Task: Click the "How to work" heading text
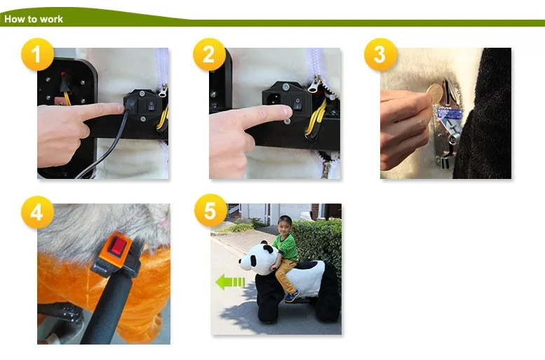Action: pyautogui.click(x=34, y=19)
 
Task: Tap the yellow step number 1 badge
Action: pyautogui.click(x=37, y=55)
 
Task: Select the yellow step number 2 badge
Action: pyautogui.click(x=209, y=55)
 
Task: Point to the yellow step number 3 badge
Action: pyautogui.click(x=380, y=55)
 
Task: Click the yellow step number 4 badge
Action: pyautogui.click(x=37, y=212)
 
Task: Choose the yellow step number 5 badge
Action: pyautogui.click(x=210, y=211)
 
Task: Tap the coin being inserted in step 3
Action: pyautogui.click(x=435, y=93)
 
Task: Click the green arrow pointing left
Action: pyautogui.click(x=230, y=282)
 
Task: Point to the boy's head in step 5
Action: pyautogui.click(x=285, y=225)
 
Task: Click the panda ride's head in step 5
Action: pyautogui.click(x=255, y=258)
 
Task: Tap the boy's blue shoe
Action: pyautogui.click(x=292, y=296)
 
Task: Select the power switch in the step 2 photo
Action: pyautogui.click(x=297, y=103)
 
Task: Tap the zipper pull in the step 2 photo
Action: pyautogui.click(x=314, y=84)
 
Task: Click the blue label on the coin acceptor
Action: pyautogui.click(x=450, y=114)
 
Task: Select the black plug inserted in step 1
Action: pyautogui.click(x=131, y=104)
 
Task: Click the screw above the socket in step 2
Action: pyautogui.click(x=285, y=87)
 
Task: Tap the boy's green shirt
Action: pyautogui.click(x=286, y=247)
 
